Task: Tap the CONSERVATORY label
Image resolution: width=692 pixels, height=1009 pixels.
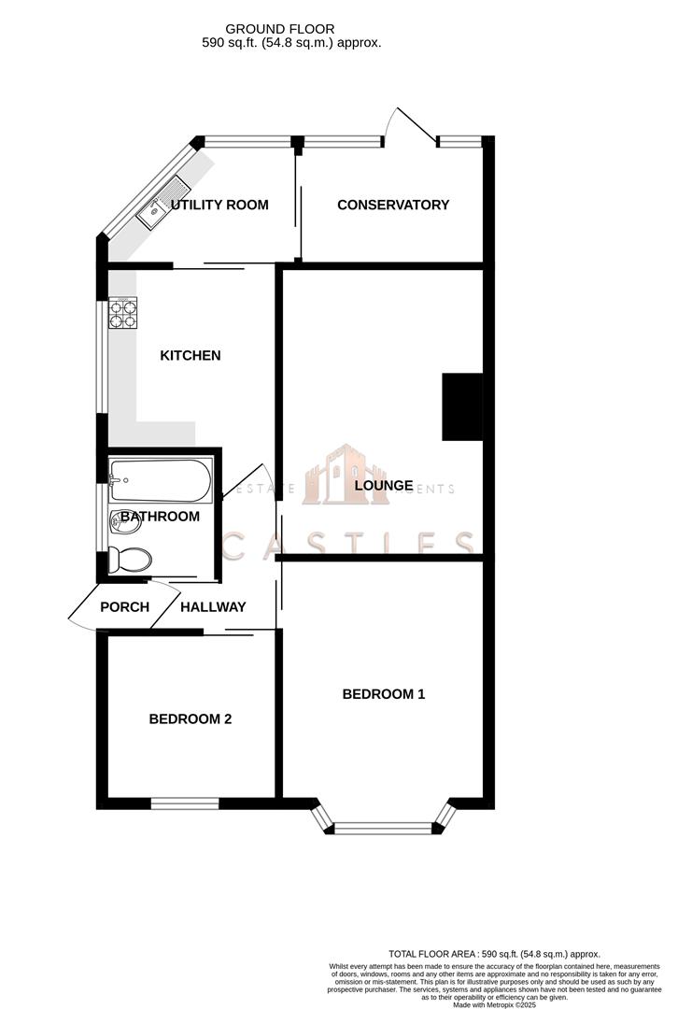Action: coord(393,205)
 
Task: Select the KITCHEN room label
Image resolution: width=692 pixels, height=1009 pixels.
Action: coord(191,355)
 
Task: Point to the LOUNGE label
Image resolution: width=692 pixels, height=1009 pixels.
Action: coord(384,486)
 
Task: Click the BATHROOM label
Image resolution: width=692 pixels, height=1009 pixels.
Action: coord(160,517)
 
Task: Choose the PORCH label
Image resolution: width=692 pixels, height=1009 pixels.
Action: coord(124,606)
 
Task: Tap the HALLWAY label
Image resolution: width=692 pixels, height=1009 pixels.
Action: coord(213,606)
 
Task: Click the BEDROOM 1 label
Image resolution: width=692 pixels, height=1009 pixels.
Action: coord(384,694)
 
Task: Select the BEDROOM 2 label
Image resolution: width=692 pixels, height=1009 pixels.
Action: coord(191,719)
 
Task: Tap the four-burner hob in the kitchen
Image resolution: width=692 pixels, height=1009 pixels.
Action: coord(122,312)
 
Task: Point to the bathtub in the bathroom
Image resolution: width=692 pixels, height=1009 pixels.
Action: coord(160,478)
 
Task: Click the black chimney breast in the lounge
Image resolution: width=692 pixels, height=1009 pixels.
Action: coord(460,406)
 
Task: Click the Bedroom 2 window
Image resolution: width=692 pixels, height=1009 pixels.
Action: coord(185,803)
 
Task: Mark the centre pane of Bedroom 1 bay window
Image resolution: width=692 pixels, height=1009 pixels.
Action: coord(384,828)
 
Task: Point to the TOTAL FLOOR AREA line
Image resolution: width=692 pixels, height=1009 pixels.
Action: coord(494,954)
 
